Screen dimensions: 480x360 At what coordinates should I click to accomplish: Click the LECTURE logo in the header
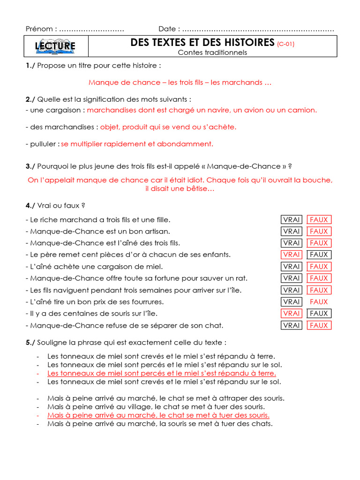click(55, 46)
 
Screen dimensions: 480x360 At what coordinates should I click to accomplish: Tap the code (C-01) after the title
click(285, 44)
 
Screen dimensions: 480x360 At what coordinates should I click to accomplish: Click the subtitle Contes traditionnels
click(212, 52)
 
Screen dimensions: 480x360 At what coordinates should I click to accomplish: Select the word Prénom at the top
click(39, 29)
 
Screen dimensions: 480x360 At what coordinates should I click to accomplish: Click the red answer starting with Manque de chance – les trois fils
click(180, 82)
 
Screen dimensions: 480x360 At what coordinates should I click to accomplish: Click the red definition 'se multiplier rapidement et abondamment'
click(137, 144)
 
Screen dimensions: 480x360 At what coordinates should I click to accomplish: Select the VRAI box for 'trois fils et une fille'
click(292, 219)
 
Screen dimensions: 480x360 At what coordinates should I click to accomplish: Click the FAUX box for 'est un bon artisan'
click(319, 231)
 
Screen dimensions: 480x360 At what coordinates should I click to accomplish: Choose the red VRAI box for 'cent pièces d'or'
click(292, 255)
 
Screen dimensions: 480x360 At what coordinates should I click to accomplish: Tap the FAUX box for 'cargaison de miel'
click(319, 266)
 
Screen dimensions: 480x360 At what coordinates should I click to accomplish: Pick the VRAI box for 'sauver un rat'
click(292, 278)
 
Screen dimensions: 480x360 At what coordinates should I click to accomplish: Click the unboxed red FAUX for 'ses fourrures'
click(319, 302)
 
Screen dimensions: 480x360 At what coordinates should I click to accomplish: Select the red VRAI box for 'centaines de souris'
click(292, 313)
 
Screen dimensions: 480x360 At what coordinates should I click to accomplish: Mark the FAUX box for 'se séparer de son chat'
click(319, 325)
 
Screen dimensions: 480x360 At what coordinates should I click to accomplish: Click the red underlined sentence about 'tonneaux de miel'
click(162, 373)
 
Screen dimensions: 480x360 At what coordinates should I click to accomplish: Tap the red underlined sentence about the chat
click(158, 415)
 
